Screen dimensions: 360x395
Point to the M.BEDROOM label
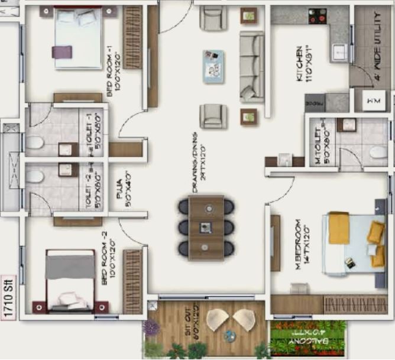coord(302,243)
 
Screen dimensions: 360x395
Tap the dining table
coord(206,228)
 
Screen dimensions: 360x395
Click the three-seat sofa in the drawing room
coord(252,66)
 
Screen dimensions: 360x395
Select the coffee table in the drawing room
coord(213,66)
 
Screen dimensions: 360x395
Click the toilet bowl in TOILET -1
coord(34,142)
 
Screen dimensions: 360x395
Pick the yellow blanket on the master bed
coord(339,228)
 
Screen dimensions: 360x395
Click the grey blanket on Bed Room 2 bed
coord(70,267)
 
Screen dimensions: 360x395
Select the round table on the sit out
coord(229,335)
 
